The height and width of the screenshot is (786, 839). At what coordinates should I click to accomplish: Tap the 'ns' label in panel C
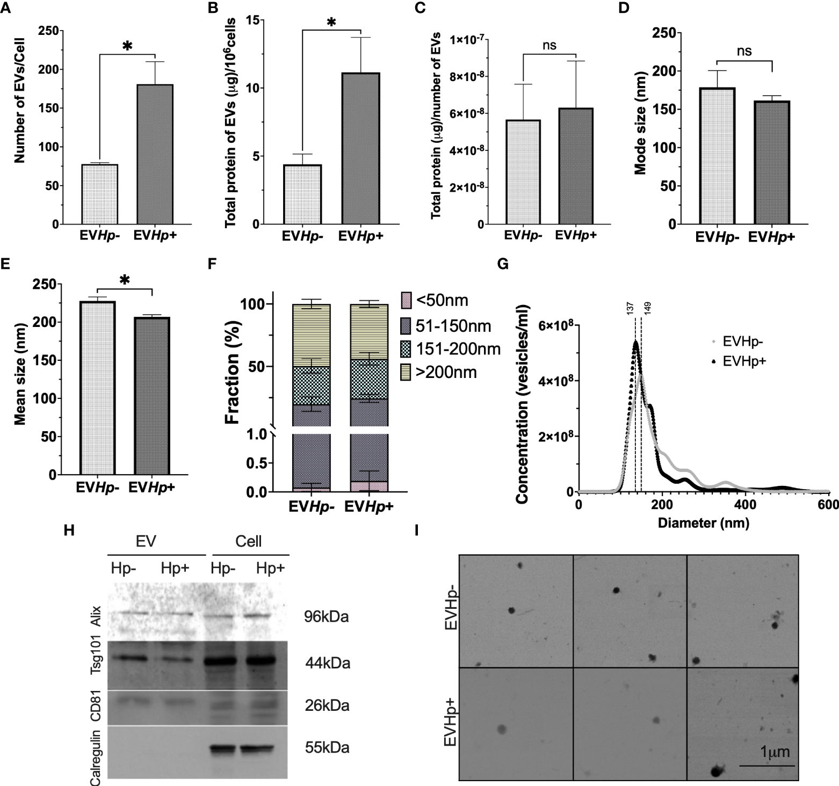[x=549, y=46]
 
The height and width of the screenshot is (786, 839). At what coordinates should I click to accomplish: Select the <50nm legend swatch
[x=407, y=300]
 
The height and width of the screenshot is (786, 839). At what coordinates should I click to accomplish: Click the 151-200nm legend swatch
[x=407, y=349]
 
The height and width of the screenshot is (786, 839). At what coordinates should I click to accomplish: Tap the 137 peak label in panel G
[x=631, y=308]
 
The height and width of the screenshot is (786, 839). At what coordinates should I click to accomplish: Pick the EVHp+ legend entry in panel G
[x=744, y=361]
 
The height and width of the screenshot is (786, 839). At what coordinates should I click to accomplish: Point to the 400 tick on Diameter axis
[x=745, y=505]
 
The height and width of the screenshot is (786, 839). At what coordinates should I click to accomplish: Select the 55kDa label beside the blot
[x=327, y=747]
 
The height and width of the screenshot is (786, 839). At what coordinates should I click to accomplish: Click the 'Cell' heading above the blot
[x=249, y=541]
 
